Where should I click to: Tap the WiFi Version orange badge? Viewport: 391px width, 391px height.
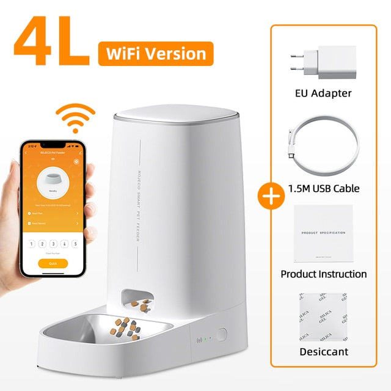(156, 54)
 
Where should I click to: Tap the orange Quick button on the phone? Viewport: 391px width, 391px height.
(53, 263)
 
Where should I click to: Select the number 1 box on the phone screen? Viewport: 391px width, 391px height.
(31, 243)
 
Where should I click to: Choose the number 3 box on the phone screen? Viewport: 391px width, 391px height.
(53, 243)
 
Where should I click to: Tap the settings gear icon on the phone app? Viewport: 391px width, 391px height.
(76, 162)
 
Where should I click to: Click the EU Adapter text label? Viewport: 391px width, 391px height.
(323, 93)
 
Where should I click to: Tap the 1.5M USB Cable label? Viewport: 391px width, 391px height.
(323, 188)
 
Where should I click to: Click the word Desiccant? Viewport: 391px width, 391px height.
(323, 352)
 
